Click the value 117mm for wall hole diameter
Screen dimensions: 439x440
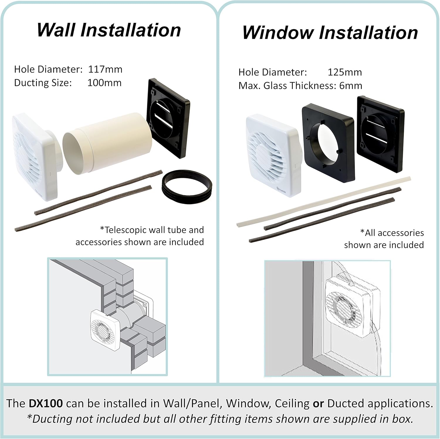105,70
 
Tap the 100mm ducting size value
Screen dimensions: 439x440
104,83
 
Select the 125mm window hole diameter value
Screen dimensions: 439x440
344,72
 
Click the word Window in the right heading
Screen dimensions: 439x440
277,32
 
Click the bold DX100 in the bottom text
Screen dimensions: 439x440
45,403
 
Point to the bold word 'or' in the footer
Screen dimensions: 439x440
318,403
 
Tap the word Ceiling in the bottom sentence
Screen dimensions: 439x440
292,403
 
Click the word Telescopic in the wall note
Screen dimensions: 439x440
126,230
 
